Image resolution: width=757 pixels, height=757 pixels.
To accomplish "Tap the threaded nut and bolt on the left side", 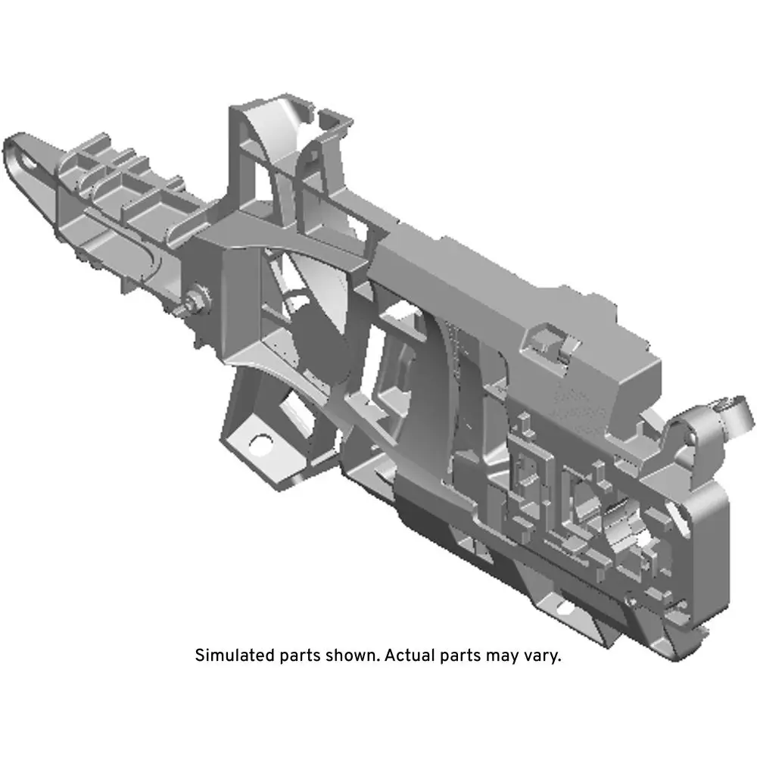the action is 195,302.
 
